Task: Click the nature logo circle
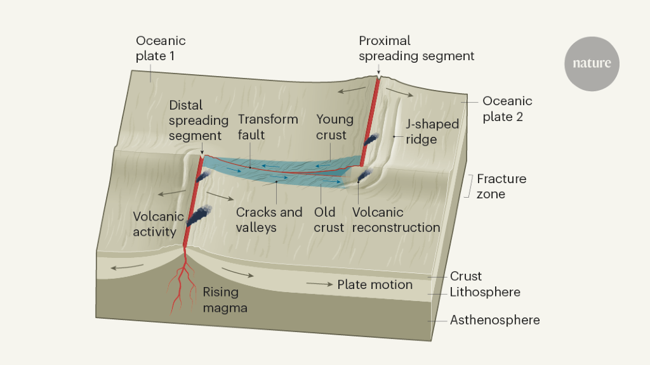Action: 592,63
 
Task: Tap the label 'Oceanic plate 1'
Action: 161,48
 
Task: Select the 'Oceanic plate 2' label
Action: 507,109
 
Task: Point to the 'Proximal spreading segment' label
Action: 416,48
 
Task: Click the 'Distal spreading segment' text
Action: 199,120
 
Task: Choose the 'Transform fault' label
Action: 267,127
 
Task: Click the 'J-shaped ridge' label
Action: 432,131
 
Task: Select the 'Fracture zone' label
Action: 501,186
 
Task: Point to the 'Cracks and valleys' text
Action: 269,219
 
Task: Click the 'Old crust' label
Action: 329,219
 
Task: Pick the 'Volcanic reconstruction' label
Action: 395,219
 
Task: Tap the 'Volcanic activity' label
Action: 159,224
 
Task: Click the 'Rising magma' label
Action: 225,300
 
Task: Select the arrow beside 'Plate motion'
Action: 321,285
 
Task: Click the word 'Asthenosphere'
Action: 494,320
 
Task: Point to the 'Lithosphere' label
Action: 485,292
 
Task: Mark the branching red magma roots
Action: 182,285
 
